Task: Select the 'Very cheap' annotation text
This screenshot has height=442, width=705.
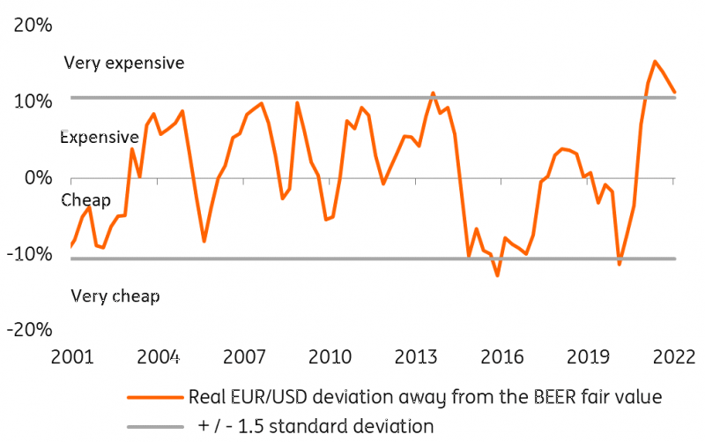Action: (x=115, y=296)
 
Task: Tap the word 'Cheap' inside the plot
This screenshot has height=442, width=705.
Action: (x=86, y=200)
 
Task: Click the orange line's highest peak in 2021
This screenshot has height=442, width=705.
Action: (x=655, y=62)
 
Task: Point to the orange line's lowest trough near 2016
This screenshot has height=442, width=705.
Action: (x=498, y=276)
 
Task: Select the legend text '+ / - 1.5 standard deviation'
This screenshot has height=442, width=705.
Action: (x=315, y=426)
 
